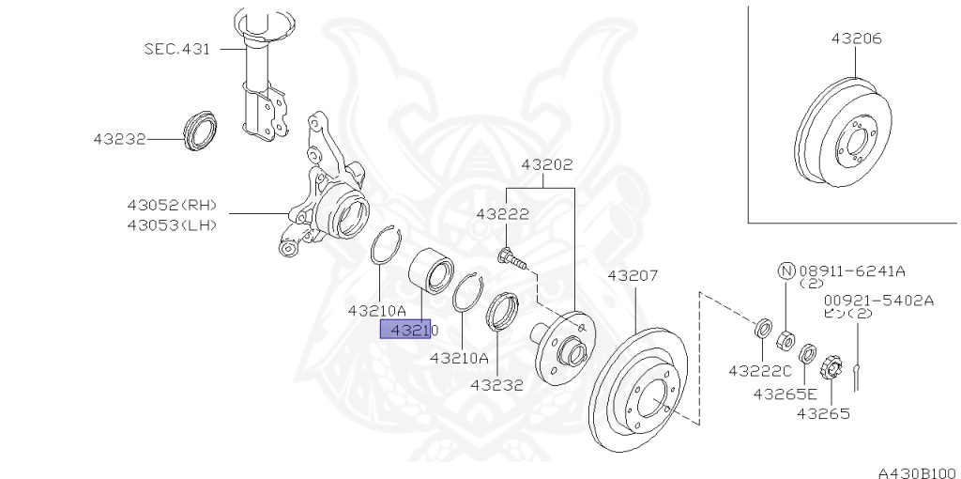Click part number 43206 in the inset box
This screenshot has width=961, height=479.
click(x=856, y=39)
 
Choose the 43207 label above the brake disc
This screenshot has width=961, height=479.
click(x=633, y=275)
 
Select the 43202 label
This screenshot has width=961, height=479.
click(x=547, y=163)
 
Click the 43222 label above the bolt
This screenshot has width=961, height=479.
click(x=502, y=213)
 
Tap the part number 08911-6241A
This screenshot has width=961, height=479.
click(x=852, y=270)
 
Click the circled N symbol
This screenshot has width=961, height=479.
click(x=786, y=270)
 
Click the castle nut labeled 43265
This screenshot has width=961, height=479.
click(x=830, y=365)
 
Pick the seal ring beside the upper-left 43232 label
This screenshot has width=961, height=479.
click(x=199, y=131)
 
